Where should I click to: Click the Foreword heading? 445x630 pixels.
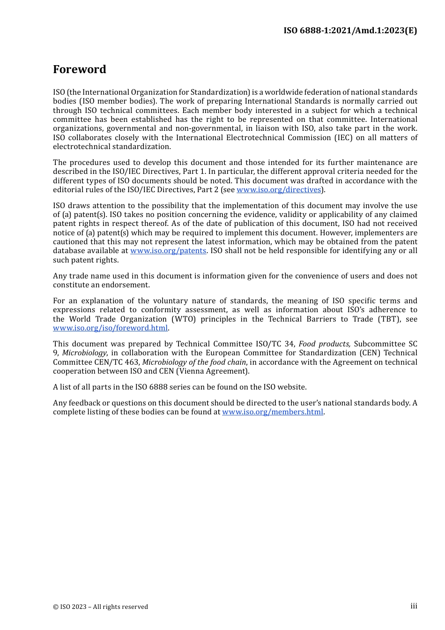click(80, 69)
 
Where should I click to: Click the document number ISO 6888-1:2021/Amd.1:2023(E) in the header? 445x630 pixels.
click(350, 30)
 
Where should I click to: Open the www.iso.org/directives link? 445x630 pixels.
click(279, 190)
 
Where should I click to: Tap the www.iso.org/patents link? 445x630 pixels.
click(168, 251)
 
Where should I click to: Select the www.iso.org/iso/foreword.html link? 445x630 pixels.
click(110, 328)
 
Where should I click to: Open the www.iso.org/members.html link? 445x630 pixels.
click(273, 412)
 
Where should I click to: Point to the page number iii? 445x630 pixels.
click(414, 606)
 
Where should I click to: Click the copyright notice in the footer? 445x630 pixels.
click(100, 607)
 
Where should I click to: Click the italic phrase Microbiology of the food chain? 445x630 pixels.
click(194, 362)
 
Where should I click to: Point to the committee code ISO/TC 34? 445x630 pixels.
click(275, 344)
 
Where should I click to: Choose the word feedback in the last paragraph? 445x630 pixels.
click(85, 403)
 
